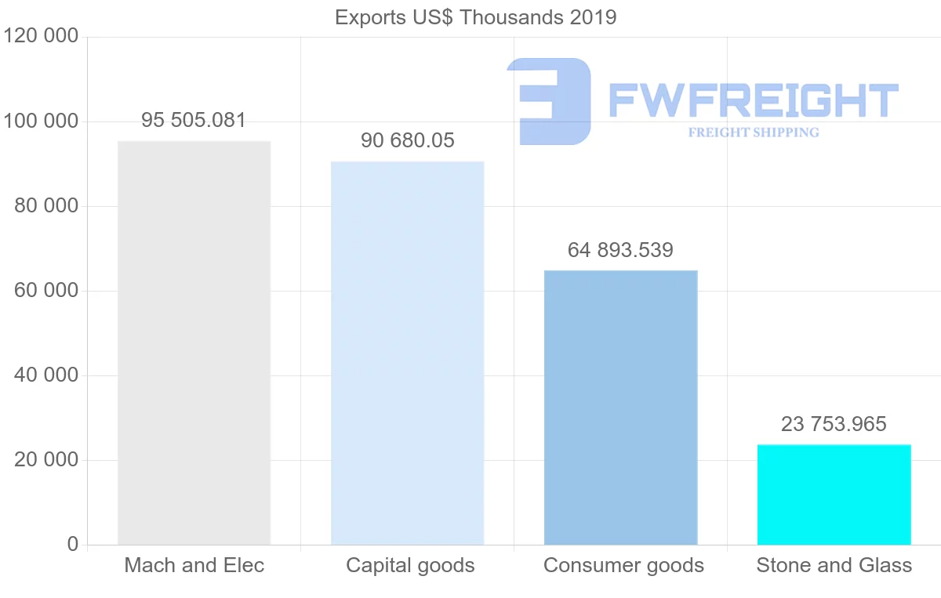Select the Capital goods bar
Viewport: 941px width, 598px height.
407,353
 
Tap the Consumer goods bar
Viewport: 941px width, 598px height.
620,407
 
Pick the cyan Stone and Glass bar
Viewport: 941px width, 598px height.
834,495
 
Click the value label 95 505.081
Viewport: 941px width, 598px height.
194,121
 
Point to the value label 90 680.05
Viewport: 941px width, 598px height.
407,141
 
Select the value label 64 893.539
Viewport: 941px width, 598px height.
620,250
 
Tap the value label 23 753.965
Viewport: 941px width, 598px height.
834,424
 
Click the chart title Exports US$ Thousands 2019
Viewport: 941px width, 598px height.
475,17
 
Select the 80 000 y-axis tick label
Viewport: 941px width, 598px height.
46,206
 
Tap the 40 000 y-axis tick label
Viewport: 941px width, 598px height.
46,375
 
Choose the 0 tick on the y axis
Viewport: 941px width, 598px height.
73,544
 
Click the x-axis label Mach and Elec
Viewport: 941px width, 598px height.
194,565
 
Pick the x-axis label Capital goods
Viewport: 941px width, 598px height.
410,565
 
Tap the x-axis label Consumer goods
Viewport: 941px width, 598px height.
623,565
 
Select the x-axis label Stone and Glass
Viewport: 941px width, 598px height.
834,565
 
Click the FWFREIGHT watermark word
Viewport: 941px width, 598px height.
753,100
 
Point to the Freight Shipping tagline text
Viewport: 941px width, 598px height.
753,132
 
